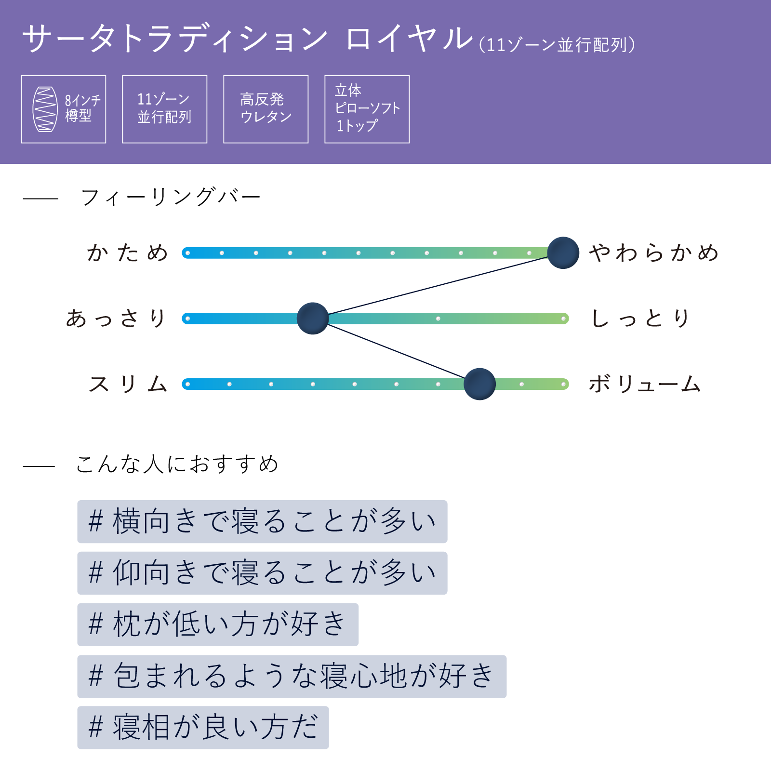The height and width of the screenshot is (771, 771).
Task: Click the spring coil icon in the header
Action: point(45,109)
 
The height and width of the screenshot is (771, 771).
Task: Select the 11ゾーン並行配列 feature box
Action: point(165,109)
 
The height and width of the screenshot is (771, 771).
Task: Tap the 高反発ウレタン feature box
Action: point(266,109)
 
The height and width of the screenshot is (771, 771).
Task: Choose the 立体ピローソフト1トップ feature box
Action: point(367,109)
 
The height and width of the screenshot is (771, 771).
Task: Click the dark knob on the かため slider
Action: point(563,253)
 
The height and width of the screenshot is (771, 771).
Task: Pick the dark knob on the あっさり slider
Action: point(313,319)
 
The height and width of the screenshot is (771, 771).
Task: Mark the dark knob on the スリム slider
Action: point(480,384)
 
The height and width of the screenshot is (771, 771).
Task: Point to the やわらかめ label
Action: point(654,253)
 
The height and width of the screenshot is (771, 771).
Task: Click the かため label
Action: point(127,253)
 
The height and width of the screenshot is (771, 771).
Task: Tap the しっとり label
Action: point(640,319)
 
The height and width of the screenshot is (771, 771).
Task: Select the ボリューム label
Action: point(645,384)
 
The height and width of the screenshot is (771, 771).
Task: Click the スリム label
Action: point(128,384)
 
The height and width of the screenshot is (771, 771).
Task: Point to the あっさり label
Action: point(116,319)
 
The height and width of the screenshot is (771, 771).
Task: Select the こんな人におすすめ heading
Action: point(177,464)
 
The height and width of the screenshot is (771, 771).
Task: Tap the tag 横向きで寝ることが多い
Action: point(263,522)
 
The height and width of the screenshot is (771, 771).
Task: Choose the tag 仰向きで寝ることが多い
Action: point(263,573)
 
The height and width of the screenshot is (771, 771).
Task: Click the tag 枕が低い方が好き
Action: point(218,625)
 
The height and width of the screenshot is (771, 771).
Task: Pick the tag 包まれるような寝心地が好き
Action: point(292,677)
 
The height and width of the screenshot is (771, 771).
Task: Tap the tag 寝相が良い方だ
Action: point(203,728)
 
